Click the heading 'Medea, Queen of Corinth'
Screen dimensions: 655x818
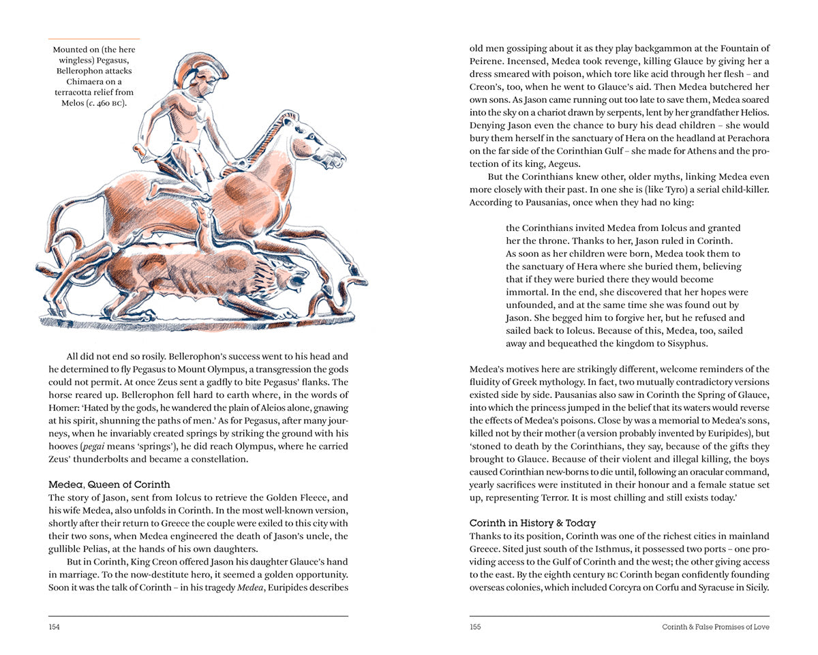pyautogui.click(x=109, y=485)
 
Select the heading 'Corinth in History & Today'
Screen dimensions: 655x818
pyautogui.click(x=532, y=523)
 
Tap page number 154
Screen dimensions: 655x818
pyautogui.click(x=54, y=627)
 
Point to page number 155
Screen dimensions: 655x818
pyautogui.click(x=475, y=627)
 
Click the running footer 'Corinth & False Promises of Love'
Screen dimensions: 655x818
pyautogui.click(x=716, y=627)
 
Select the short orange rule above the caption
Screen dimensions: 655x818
pyautogui.click(x=95, y=39)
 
